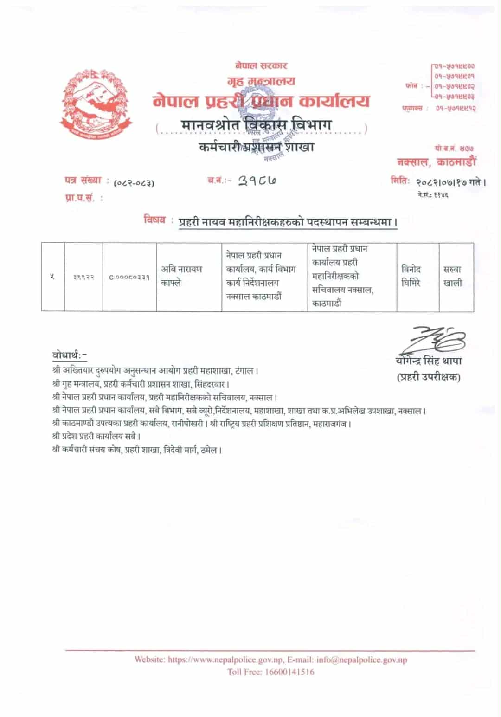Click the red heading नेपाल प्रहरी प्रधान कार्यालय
pos(261,101)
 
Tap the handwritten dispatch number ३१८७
pos(257,181)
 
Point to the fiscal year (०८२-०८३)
pos(134,183)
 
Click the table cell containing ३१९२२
pos(83,277)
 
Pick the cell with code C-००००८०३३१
pos(129,277)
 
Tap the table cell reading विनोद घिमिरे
pos(411,276)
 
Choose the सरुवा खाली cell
pos(452,276)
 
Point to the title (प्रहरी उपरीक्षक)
pos(429,377)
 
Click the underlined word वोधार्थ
pos(68,355)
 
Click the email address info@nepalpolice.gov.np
pos(362,659)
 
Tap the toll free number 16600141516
pos(289,672)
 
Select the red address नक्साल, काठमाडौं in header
pos(437,162)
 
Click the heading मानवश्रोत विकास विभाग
pos(257,125)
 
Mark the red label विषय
pos(154,220)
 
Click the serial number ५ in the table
pos(52,277)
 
